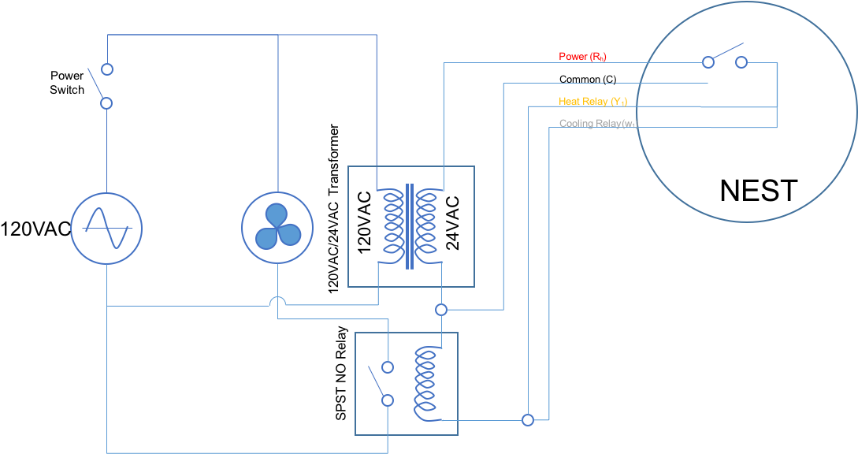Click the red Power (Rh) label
(582, 57)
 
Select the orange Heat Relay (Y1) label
(592, 102)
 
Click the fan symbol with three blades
(277, 227)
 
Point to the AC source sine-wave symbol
(107, 228)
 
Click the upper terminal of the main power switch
(107, 69)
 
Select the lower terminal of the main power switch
(106, 103)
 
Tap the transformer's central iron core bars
(409, 226)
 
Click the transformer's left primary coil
(392, 226)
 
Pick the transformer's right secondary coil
(426, 226)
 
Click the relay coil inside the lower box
(425, 385)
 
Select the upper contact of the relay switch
(387, 367)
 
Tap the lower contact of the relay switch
(387, 400)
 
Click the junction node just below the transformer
(441, 310)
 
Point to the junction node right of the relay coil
(528, 420)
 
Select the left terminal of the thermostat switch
(708, 62)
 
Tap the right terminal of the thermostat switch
(741, 62)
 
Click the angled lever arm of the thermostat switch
(725, 51)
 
